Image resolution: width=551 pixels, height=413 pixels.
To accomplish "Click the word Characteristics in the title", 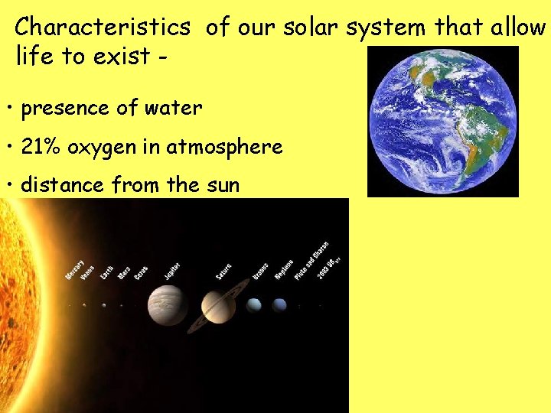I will coord(103,28).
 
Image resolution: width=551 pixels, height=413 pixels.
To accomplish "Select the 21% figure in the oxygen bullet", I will coord(41,146).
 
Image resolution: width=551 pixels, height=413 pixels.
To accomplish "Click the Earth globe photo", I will coord(443,121).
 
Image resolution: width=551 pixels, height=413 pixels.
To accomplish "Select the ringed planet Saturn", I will coord(217,306).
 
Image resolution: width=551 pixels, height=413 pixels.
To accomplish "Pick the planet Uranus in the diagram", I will coord(254,305).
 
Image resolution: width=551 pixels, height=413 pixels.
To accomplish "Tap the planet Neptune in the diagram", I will coord(279,305).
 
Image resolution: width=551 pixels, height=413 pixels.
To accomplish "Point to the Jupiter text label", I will coord(172,270).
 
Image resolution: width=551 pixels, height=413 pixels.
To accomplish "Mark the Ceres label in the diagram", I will coord(141,272).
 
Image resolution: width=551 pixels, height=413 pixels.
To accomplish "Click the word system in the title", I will coord(388,28).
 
